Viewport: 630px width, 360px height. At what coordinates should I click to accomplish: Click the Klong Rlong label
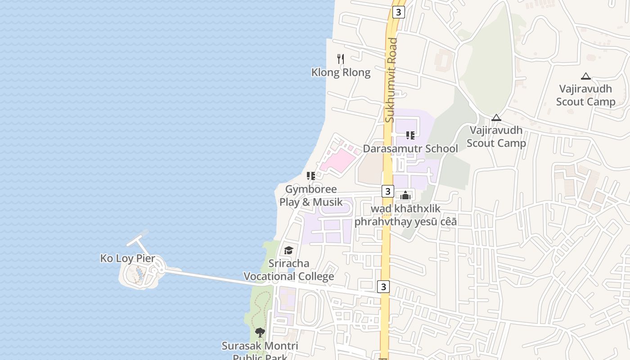341,72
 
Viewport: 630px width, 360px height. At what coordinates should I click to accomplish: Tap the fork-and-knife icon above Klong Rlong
341,58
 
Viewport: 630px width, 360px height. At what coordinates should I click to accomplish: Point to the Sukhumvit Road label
391,80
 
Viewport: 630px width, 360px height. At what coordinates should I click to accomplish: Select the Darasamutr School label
410,148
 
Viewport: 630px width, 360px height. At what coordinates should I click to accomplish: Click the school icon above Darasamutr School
410,135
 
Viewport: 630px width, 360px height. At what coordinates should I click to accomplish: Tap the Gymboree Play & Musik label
311,196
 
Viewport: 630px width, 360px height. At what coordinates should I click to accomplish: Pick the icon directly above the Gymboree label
311,175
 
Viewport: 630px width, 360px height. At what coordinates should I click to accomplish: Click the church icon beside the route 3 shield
405,195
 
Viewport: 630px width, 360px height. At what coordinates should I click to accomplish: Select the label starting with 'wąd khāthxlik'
405,215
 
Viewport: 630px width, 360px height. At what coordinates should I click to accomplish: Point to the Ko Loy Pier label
127,258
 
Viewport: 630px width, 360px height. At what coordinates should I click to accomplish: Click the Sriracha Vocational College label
288,270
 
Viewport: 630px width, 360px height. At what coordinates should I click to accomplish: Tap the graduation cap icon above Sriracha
288,250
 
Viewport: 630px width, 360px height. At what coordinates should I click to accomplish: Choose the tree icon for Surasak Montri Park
260,333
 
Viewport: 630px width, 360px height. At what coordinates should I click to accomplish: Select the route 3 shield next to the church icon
388,191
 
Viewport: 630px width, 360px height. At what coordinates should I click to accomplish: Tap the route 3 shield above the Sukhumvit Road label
398,12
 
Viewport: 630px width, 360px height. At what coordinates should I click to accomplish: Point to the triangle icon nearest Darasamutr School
496,118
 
